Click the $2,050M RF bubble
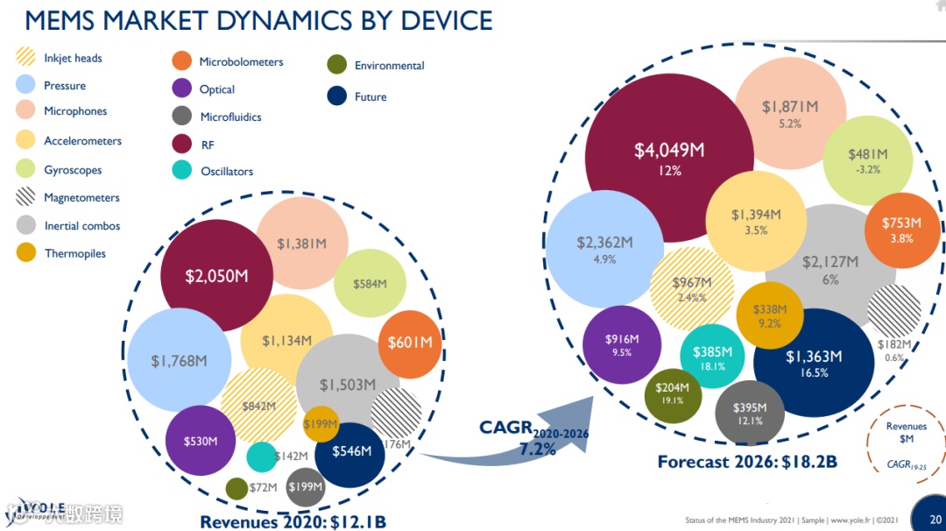click(x=215, y=274)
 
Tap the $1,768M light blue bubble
click(x=179, y=359)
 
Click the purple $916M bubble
click(x=622, y=344)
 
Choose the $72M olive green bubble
click(x=236, y=488)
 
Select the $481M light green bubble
click(x=867, y=159)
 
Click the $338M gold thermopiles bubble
click(x=770, y=315)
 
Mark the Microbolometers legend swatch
click(x=181, y=61)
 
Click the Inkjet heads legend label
click(x=73, y=59)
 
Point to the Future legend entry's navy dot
click(x=336, y=96)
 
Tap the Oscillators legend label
click(x=227, y=172)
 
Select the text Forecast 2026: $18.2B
click(x=747, y=462)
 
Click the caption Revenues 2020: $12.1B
click(x=293, y=521)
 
